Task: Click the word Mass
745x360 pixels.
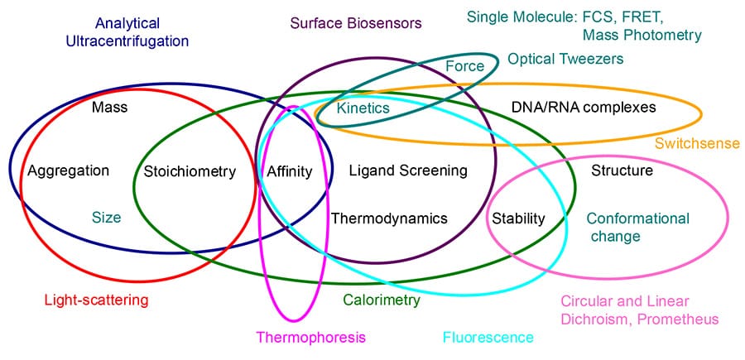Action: (110, 107)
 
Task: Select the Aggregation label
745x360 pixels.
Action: (68, 171)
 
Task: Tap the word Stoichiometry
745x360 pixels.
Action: (190, 172)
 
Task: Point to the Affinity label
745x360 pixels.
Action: (289, 172)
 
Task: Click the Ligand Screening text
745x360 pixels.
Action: (408, 170)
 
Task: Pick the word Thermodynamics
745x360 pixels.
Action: (389, 218)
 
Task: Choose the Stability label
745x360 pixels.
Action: (518, 218)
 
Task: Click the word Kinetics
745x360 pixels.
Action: (363, 108)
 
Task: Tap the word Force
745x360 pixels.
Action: (464, 66)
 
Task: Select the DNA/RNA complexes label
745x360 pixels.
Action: (573, 108)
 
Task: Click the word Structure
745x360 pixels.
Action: (622, 171)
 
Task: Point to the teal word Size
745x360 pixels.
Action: (106, 218)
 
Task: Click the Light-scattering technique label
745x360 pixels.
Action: (95, 300)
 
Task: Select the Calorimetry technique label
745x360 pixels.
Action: (382, 300)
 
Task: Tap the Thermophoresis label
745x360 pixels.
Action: (310, 337)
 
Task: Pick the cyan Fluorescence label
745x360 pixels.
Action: (488, 337)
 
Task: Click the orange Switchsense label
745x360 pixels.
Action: (697, 143)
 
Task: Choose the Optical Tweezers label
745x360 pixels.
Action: (565, 59)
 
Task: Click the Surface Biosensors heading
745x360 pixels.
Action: (356, 23)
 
